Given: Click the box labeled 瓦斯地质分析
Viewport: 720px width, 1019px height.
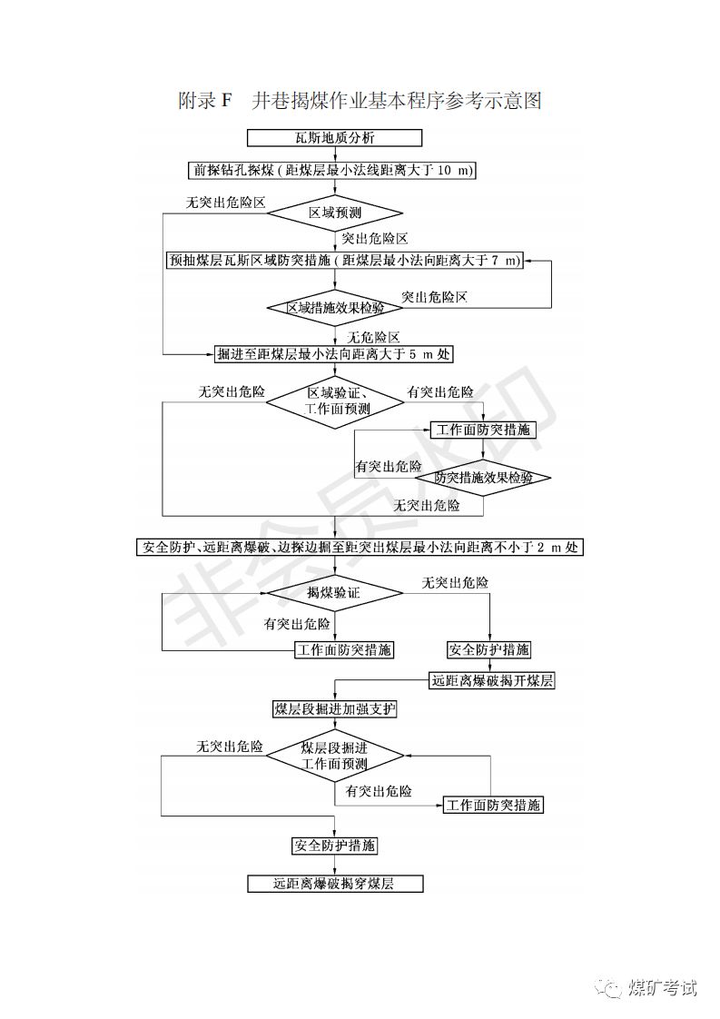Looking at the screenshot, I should coord(335,138).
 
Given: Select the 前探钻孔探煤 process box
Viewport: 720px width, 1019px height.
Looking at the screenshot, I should coord(335,170).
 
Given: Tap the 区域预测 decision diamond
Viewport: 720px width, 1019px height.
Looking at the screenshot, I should coord(335,213).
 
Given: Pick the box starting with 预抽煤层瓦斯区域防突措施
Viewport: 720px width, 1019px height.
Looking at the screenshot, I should coord(346,260).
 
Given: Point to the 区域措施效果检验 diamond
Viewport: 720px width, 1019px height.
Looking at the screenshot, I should coord(335,307).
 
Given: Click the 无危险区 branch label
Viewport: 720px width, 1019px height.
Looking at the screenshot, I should coord(373,336).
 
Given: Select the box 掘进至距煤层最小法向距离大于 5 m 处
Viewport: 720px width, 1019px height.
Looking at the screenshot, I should coord(333,352).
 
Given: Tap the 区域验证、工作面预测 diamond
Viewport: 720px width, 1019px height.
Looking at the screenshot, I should coord(335,401).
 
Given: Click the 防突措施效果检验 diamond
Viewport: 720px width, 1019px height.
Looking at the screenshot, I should coord(483,477).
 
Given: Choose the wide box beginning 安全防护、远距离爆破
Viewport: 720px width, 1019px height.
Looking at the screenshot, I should coord(360,547).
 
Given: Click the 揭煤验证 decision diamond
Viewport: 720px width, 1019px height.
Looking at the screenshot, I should coord(334,592).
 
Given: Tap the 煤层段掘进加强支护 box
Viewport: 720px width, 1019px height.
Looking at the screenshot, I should coord(335,708).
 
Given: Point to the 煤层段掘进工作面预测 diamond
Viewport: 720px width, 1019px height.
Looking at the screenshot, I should coord(335,756).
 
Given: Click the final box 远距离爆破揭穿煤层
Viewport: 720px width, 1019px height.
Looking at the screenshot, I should coord(335,883).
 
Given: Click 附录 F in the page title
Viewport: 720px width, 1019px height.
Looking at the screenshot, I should coord(206,101).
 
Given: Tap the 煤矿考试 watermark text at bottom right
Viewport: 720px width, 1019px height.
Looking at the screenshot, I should coord(663,987).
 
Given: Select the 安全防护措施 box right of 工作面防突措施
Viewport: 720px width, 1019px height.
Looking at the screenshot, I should coord(488,649).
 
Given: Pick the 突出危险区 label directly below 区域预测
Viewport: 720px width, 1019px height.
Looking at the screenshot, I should coord(374,239).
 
